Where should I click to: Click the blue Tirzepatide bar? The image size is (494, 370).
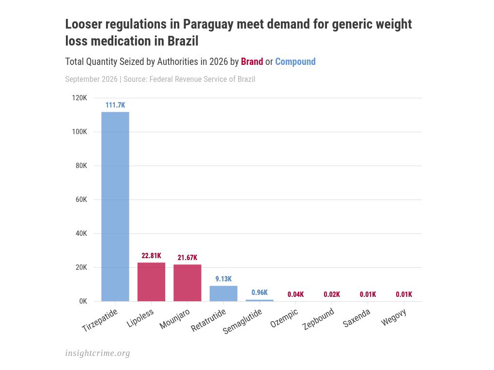coord(115,206)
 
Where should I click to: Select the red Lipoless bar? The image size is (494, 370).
coord(151,282)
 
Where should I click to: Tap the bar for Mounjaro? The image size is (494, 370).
coord(187,283)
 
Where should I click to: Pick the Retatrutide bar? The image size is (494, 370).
coord(223,293)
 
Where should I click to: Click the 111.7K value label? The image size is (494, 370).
coord(115,105)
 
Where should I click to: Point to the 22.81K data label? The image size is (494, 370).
coord(151,256)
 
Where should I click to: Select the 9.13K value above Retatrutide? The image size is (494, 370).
coord(223,279)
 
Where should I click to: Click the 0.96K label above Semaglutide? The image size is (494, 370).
coord(260,293)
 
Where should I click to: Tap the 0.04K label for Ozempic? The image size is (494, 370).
coord(295,294)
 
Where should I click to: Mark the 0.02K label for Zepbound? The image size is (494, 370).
coord(332,294)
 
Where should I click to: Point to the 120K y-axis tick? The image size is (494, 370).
coord(79,98)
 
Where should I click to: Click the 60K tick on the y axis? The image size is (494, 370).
coord(81,200)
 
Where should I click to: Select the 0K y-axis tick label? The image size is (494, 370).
coord(83,301)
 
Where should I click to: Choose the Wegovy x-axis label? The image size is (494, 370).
coord(394,318)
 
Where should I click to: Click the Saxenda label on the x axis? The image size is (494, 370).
coord(356,318)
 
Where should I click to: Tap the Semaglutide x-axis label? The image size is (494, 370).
coord(242,321)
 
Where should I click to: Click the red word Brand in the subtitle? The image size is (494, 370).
coord(252,62)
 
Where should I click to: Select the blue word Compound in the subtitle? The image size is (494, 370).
coord(295,62)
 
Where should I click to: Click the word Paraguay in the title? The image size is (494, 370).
coord(208,25)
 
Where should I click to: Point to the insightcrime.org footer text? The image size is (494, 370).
coord(98,354)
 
